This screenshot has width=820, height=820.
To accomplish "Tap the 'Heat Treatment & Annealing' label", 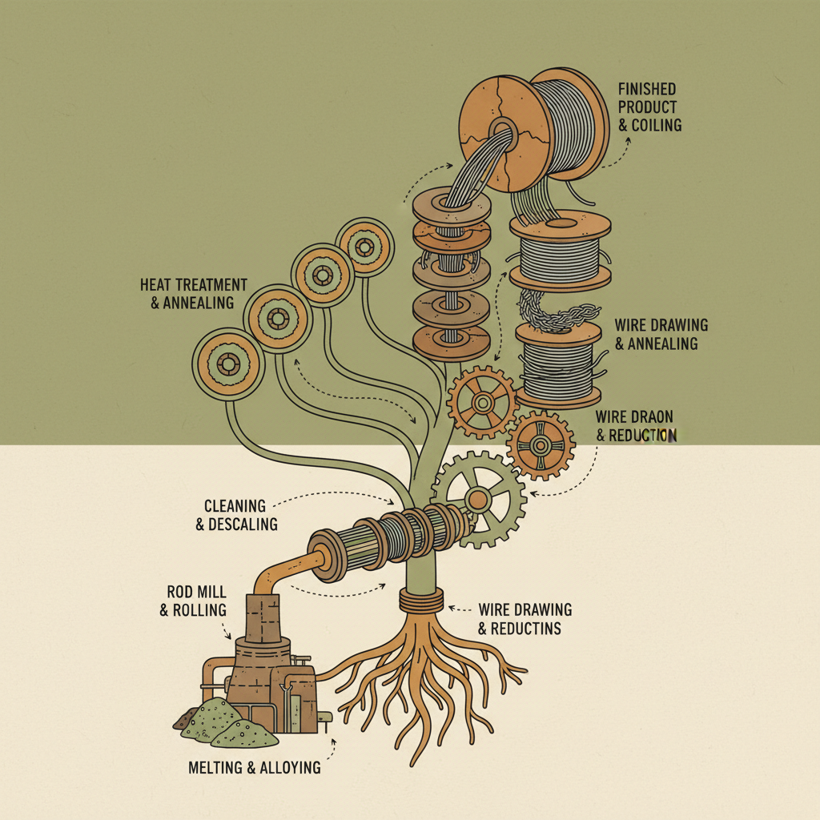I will coord(193,293).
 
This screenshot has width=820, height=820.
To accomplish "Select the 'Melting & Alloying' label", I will coord(254,767).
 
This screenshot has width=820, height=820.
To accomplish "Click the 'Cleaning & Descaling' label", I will coord(240,515).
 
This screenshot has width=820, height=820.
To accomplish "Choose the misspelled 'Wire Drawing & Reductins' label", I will coord(525,618).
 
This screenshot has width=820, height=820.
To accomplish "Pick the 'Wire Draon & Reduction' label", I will coord(634,426).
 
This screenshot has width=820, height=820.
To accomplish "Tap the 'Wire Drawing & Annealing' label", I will coord(661,334).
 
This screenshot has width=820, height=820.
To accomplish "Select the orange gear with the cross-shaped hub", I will coord(541,444).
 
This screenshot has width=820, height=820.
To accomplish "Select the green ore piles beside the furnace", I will coord(224,718).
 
